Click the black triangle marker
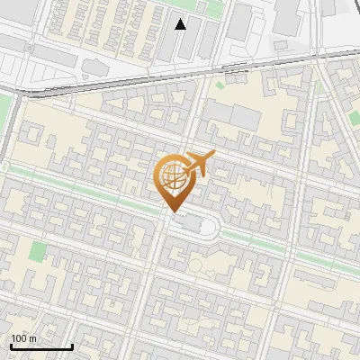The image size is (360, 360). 181,24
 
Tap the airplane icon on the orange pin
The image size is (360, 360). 198,164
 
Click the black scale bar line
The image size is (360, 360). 40,347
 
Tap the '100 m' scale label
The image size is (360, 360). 24,338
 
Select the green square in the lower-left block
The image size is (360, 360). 38,251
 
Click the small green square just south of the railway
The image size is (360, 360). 220,86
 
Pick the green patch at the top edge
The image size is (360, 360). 211,7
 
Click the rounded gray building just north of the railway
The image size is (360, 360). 95,67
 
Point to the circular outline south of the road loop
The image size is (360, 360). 197,265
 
